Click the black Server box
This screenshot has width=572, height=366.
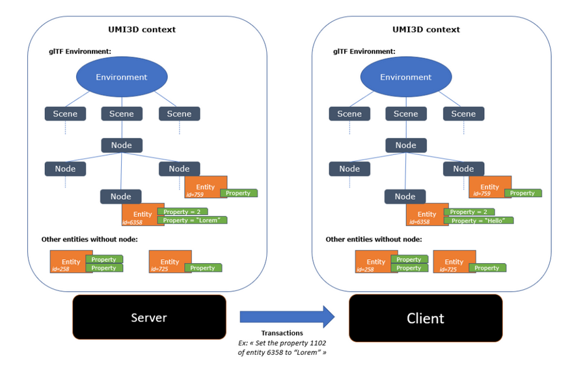pyautogui.click(x=149, y=317)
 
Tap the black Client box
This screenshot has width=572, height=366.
pyautogui.click(x=426, y=318)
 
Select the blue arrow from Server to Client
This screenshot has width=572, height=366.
pyautogui.click(x=287, y=317)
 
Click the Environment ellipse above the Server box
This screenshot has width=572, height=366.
pyautogui.click(x=122, y=77)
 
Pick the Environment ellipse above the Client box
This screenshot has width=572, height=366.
pyautogui.click(x=406, y=77)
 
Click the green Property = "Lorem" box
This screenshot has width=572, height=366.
pyautogui.click(x=192, y=220)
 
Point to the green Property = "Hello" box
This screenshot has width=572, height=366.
pyautogui.click(x=478, y=220)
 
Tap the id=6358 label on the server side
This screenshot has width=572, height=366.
pyautogui.click(x=132, y=222)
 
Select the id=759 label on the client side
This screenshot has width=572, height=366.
pyautogui.click(x=482, y=194)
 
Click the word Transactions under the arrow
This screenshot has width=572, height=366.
pyautogui.click(x=282, y=333)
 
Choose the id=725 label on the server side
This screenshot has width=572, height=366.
pyautogui.click(x=159, y=270)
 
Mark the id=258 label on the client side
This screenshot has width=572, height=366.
pyautogui.click(x=365, y=270)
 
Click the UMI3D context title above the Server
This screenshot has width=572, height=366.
pyautogui.click(x=142, y=29)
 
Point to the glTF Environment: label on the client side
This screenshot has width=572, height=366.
pyautogui.click(x=364, y=51)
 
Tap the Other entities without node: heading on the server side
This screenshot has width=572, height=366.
pyautogui.click(x=89, y=240)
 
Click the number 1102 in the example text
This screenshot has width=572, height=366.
pyautogui.click(x=318, y=343)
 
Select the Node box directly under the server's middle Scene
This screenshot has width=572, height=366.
pyautogui.click(x=122, y=145)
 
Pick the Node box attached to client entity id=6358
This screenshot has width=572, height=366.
pyautogui.click(x=405, y=197)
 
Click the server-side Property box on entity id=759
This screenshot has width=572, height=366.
pyautogui.click(x=239, y=193)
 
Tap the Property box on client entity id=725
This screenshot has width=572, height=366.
pyautogui.click(x=487, y=268)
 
